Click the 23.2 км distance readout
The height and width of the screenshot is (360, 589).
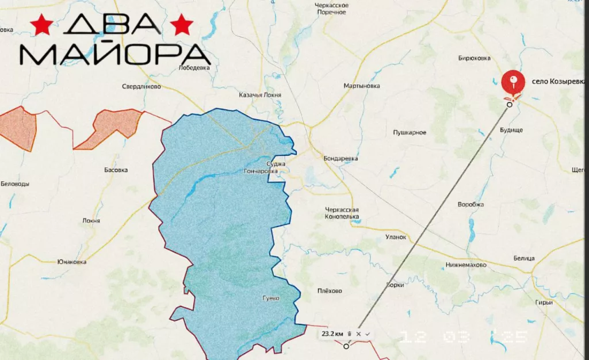pyautogui.click(x=332, y=334)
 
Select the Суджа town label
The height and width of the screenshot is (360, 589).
pyautogui.click(x=277, y=164)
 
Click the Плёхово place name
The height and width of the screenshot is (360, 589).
pyautogui.click(x=330, y=290)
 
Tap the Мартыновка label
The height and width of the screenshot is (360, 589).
pyautogui.click(x=362, y=86)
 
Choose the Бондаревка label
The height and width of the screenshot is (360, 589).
pyautogui.click(x=341, y=158)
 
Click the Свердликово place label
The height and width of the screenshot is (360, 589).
pyautogui.click(x=141, y=87)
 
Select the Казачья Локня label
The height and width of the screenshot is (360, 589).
pyautogui.click(x=261, y=94)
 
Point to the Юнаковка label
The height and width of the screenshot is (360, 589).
pyautogui.click(x=72, y=262)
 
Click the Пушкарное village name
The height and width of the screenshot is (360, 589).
pyautogui.click(x=410, y=133)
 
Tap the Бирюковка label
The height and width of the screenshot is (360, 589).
pyautogui.click(x=474, y=58)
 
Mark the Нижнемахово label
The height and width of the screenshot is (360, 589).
pyautogui.click(x=466, y=265)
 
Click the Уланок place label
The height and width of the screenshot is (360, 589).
pyautogui.click(x=396, y=236)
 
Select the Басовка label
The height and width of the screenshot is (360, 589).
pyautogui.click(x=116, y=170)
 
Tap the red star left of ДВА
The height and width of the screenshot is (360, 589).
pyautogui.click(x=41, y=25)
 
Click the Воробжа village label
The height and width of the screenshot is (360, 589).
pyautogui.click(x=471, y=205)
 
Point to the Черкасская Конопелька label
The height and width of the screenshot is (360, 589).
pyautogui.click(x=342, y=213)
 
